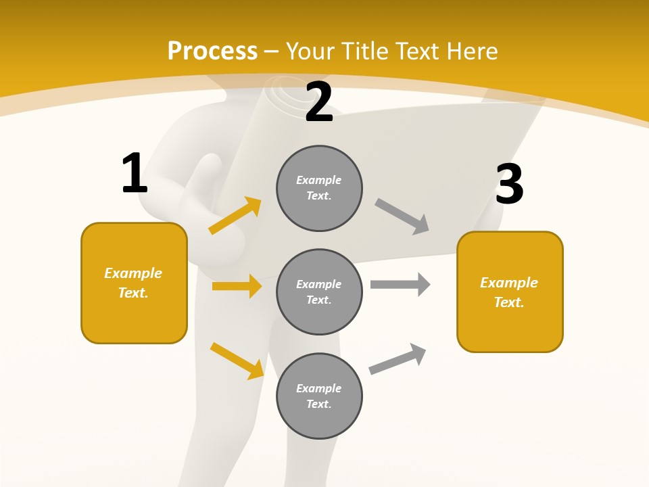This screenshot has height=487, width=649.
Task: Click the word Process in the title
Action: point(212,51)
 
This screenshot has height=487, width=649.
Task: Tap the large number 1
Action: point(135,173)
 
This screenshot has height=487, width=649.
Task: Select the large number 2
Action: point(319,102)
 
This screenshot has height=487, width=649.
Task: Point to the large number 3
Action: point(509,184)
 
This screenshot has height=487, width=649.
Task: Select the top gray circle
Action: point(319,188)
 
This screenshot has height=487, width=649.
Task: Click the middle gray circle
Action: point(319,292)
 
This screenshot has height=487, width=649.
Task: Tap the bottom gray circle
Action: point(319,396)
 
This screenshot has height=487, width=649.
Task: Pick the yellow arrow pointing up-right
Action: point(235,216)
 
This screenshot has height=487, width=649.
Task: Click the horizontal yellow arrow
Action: point(237,286)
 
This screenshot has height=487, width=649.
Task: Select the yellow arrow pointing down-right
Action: point(237,361)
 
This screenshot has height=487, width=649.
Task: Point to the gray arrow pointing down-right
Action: point(402,216)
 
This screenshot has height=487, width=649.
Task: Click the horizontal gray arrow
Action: point(400,284)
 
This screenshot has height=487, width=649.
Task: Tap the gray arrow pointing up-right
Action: point(398,358)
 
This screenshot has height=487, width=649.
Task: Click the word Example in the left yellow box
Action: point(133,273)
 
